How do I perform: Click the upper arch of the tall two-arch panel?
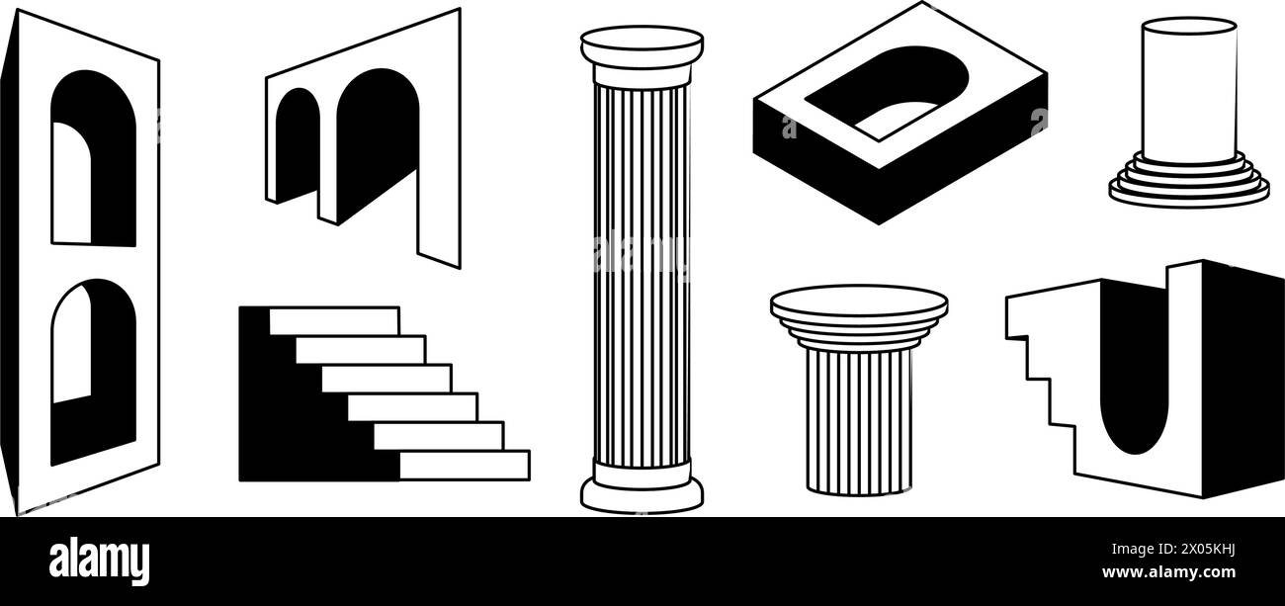pos(93,158)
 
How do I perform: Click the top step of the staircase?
pos(334,320)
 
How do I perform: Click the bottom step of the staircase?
pos(464,465)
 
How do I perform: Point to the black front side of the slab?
pos(811,158)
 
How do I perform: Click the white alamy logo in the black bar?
pos(100,561)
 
